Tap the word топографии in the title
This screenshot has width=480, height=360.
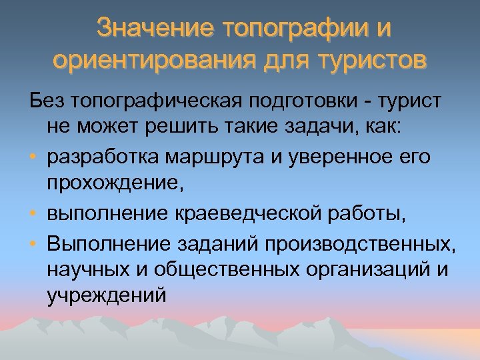296,29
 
